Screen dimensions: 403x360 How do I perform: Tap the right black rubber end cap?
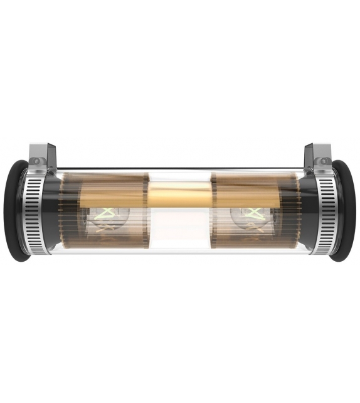(344, 210)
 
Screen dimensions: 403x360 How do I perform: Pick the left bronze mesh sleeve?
(107, 188)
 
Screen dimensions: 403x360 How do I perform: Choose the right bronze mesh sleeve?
(254, 188)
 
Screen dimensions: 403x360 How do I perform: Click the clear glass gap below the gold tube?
(179, 229)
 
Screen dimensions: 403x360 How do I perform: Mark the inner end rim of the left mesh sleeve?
(147, 210)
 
